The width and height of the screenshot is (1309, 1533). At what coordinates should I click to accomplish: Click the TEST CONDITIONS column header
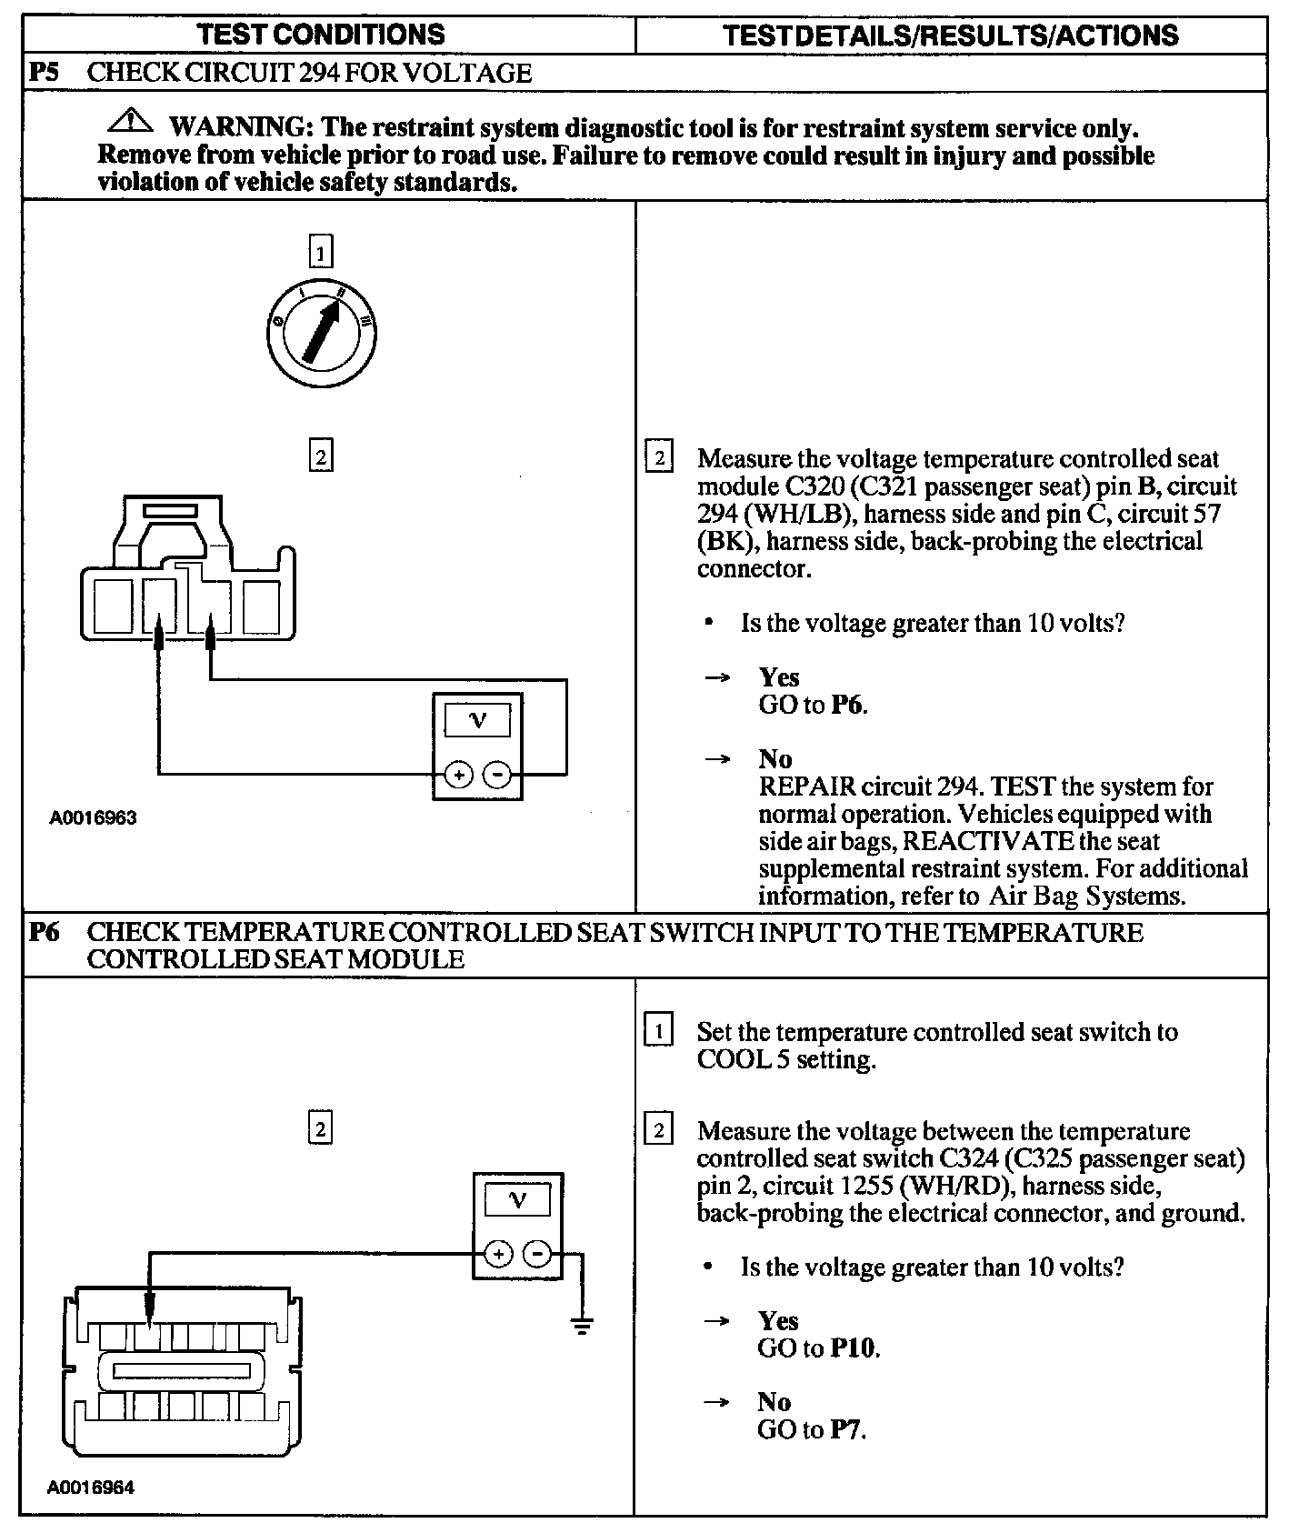[x=321, y=35]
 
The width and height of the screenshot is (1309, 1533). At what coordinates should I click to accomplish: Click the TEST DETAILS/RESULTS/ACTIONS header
[x=950, y=35]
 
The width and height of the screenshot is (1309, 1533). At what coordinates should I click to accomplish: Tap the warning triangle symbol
[x=131, y=119]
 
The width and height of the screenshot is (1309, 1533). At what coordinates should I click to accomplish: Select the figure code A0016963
[x=93, y=817]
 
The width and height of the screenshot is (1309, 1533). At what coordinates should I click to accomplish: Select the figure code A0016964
[x=91, y=1488]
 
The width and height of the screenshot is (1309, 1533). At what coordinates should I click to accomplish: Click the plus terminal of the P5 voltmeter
[x=458, y=775]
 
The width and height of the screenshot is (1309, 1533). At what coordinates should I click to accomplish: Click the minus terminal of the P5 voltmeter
[x=496, y=775]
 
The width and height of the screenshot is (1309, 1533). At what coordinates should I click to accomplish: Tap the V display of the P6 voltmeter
[x=517, y=1200]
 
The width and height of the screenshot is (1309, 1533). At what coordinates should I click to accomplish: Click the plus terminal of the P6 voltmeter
[x=498, y=1255]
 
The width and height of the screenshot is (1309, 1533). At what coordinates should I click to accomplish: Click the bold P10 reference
[x=854, y=1348]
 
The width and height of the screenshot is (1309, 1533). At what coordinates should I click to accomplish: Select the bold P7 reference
[x=846, y=1430]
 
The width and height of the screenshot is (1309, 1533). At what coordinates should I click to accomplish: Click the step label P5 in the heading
[x=45, y=72]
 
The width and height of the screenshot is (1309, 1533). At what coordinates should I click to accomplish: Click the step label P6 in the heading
[x=45, y=933]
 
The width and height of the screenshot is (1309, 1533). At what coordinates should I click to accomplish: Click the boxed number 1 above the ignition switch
[x=320, y=251]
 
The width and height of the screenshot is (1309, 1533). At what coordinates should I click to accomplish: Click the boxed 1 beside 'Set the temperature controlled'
[x=658, y=1031]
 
